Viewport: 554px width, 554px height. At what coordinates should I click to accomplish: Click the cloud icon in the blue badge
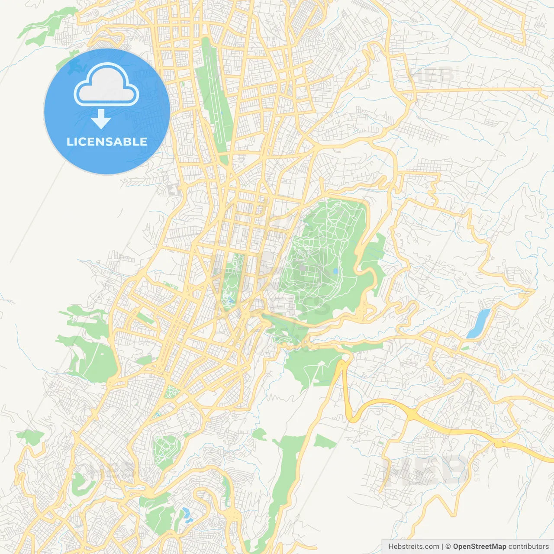pyautogui.click(x=106, y=84)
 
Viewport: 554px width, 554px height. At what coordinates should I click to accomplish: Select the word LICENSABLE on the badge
pyautogui.click(x=107, y=142)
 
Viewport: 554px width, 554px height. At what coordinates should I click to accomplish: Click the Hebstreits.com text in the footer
pyautogui.click(x=414, y=547)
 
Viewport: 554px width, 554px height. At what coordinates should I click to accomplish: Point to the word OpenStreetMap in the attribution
pyautogui.click(x=479, y=547)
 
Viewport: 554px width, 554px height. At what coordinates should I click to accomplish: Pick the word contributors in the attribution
pyautogui.click(x=528, y=547)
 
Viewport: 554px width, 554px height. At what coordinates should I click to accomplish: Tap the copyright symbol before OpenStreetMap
pyautogui.click(x=448, y=547)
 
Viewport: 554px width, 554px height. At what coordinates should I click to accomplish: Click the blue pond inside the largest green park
pyautogui.click(x=335, y=271)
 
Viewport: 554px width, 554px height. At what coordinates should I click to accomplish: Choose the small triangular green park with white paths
pyautogui.click(x=171, y=392)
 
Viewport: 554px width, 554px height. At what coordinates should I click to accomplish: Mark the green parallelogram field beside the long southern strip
pyautogui.click(x=324, y=442)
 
